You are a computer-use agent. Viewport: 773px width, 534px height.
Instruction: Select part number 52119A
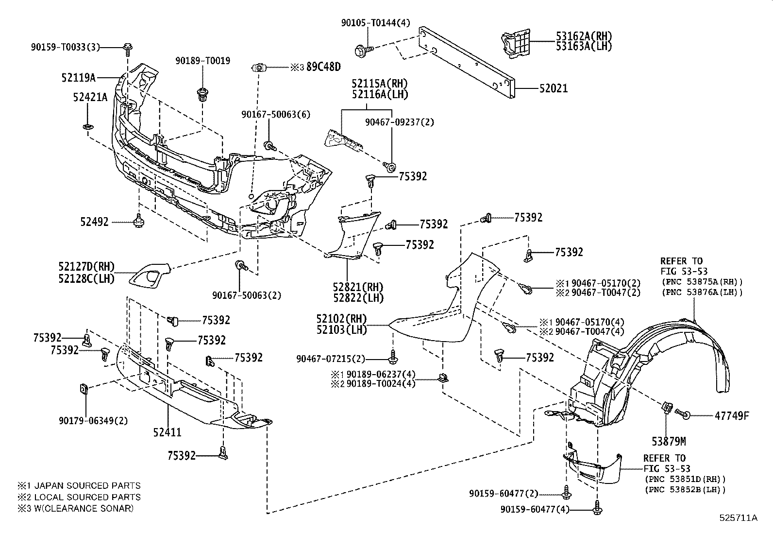pos(79,77)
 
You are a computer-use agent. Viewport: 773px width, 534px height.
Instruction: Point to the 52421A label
pos(90,97)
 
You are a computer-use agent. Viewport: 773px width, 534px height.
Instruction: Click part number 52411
pos(167,432)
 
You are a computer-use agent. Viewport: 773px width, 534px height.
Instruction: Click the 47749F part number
pos(732,415)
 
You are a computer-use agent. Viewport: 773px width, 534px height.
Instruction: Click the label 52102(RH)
pos(341,319)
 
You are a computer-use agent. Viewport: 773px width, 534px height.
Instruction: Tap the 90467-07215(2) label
pos(330,359)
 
